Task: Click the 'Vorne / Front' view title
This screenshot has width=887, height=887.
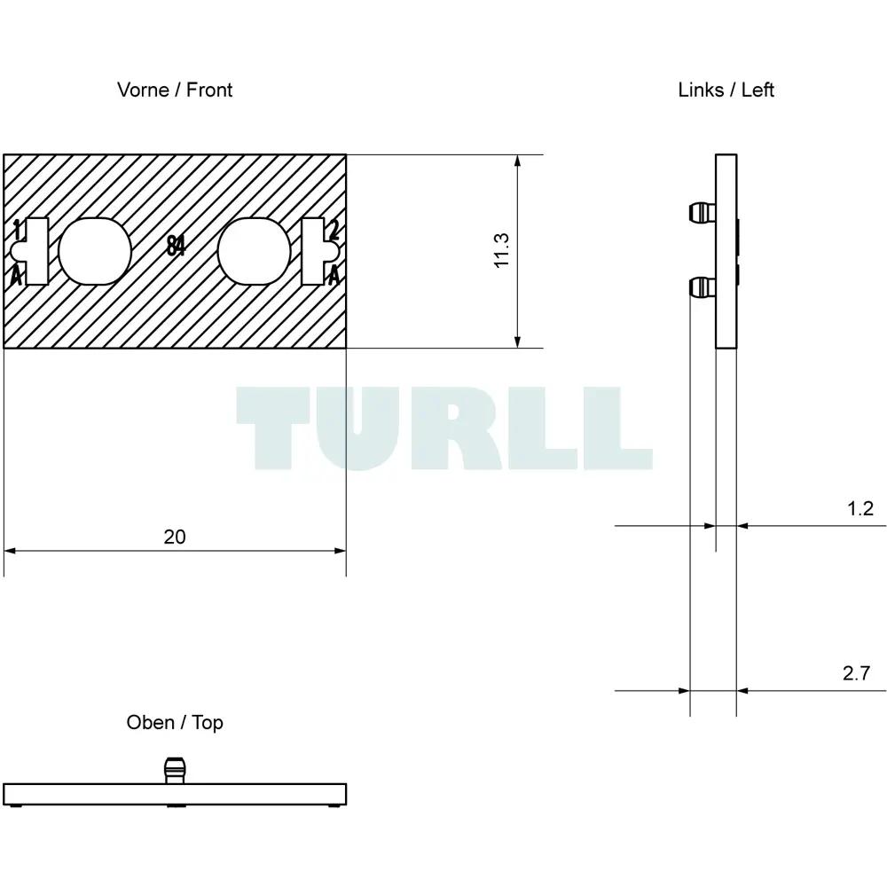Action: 175,90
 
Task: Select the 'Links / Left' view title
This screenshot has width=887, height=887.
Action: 726,90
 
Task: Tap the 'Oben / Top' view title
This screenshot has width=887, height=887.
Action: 175,722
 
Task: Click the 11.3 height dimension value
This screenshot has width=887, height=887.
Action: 501,250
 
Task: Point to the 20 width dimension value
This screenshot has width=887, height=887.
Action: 175,537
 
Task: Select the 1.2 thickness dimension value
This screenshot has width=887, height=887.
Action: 860,508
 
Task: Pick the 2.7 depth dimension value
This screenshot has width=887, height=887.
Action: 857,673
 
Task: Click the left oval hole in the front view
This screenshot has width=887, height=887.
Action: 95,251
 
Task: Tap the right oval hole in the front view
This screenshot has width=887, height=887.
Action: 254,251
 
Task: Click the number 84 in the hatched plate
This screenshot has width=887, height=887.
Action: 176,246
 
